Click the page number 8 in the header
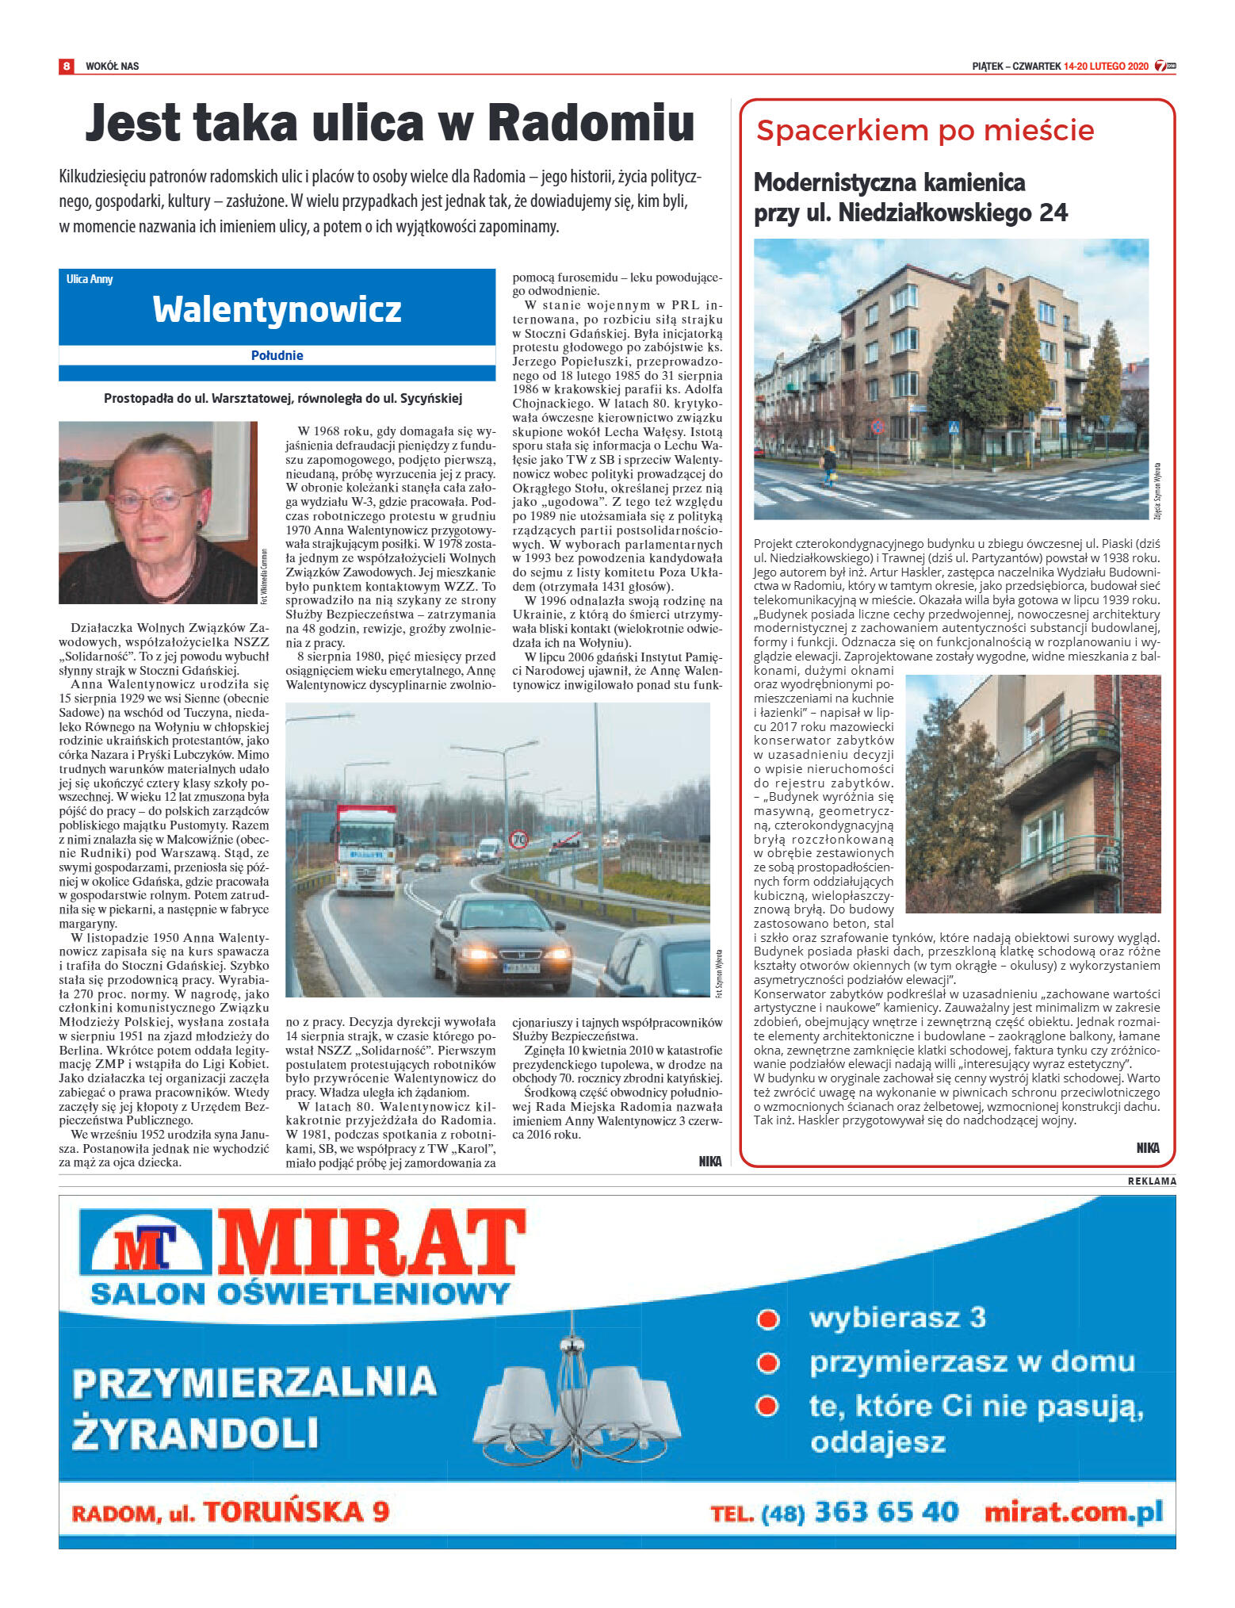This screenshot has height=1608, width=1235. pos(67,66)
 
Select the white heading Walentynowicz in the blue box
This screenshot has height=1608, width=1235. pos(277,308)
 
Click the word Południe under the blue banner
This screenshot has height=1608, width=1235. pos(277,355)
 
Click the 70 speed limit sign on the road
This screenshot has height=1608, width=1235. pos(519,839)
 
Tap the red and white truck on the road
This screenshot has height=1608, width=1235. pos(366,848)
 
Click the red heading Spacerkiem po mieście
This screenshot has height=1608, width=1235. pos(925,130)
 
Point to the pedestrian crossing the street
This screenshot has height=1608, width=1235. pos(829,465)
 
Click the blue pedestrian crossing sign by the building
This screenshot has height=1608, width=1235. pos(954,427)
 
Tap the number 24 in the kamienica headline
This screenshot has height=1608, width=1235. pos(1053,212)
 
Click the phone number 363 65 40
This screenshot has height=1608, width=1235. pos(886,1511)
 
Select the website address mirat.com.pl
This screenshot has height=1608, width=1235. pos(1073,1511)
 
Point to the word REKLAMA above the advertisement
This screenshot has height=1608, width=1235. pos(1151,1181)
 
